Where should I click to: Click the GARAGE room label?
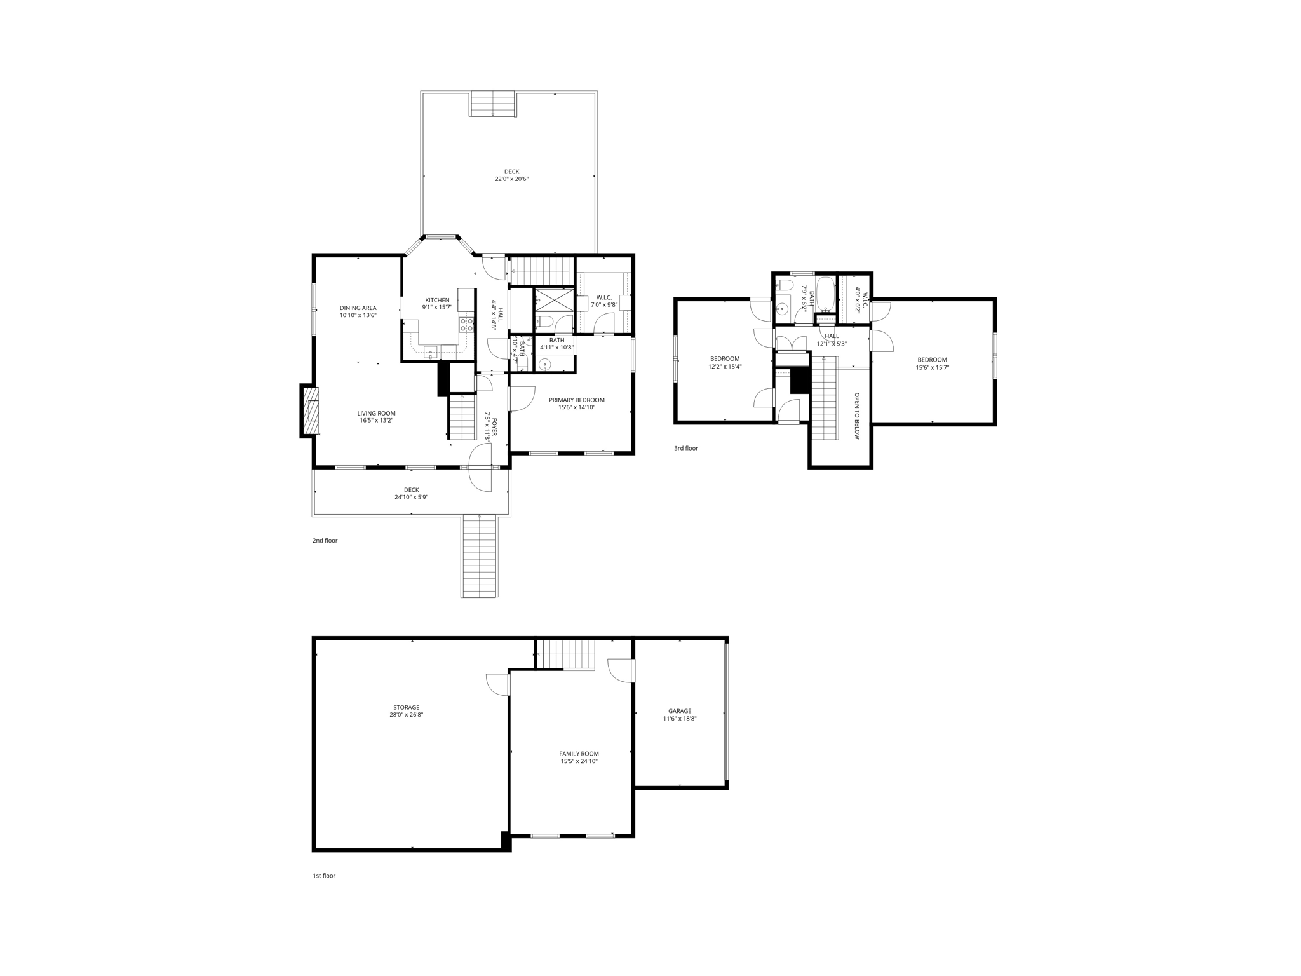(x=679, y=711)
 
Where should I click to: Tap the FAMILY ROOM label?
(x=579, y=754)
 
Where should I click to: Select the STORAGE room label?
(x=406, y=707)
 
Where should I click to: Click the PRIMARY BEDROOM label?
(x=576, y=400)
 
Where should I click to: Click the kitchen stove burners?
(x=466, y=325)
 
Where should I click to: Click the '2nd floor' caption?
(x=325, y=541)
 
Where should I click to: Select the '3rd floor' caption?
(x=685, y=449)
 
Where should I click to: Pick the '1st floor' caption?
(x=323, y=876)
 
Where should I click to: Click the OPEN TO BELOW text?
(x=856, y=416)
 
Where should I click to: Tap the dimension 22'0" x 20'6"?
(x=511, y=179)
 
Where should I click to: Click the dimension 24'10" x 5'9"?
(x=411, y=497)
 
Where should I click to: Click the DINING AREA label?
(x=358, y=308)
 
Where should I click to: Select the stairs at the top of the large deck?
(x=492, y=104)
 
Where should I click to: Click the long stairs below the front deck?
(x=479, y=556)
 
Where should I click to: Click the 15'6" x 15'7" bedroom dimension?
(x=932, y=367)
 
